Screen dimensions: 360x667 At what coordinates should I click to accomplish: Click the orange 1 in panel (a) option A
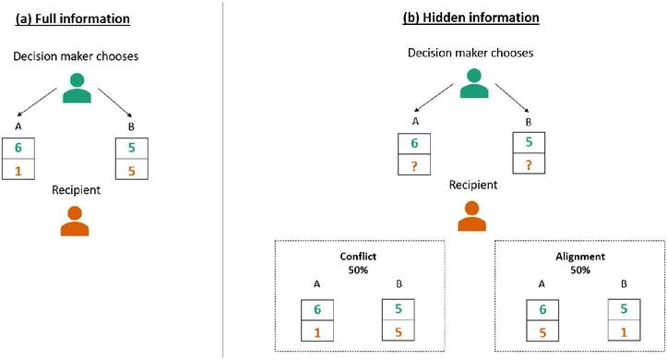point(18,170)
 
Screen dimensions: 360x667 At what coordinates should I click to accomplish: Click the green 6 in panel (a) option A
point(18,149)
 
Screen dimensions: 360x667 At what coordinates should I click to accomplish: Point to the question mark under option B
point(528,166)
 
